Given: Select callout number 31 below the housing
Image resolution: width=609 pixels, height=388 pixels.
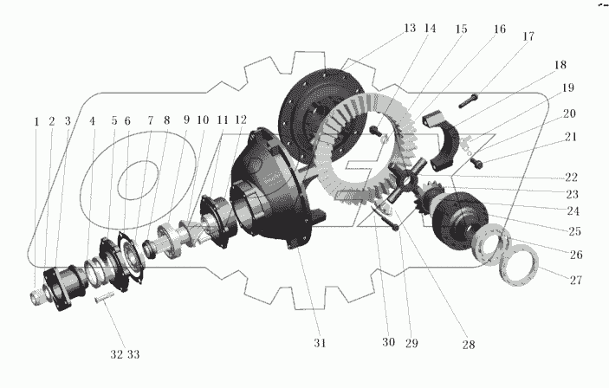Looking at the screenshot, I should [320, 343].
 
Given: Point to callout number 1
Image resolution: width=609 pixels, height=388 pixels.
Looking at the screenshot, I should [36, 122].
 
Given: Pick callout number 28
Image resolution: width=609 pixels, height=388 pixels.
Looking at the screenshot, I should [469, 345].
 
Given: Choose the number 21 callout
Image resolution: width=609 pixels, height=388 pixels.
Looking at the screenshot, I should [571, 137].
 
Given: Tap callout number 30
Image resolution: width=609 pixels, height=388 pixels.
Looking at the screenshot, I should [388, 342].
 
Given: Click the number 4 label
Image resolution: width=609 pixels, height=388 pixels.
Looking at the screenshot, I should [92, 122].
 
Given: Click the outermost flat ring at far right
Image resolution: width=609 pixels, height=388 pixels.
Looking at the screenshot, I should [525, 263].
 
